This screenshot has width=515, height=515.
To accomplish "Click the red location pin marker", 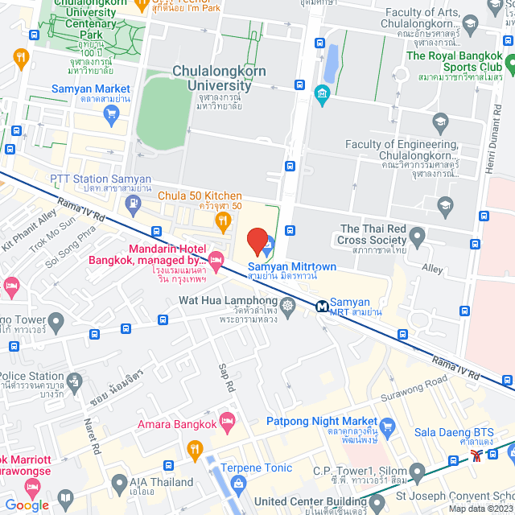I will pyautogui.click(x=257, y=241).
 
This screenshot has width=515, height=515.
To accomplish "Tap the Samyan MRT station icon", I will pyautogui.click(x=322, y=306).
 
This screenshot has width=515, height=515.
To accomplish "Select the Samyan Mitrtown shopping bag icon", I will pyautogui.click(x=269, y=242).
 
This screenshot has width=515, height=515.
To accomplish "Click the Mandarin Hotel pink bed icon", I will pyautogui.click(x=216, y=257).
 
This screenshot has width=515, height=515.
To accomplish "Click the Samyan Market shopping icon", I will pyautogui.click(x=110, y=111).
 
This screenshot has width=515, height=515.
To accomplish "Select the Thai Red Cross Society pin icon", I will pyautogui.click(x=417, y=237).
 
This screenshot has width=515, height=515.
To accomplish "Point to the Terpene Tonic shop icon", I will pyautogui.click(x=238, y=483).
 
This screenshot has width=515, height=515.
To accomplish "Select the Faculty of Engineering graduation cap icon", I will pyautogui.click(x=439, y=123).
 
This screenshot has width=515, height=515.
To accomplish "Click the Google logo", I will pyautogui.click(x=27, y=505).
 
